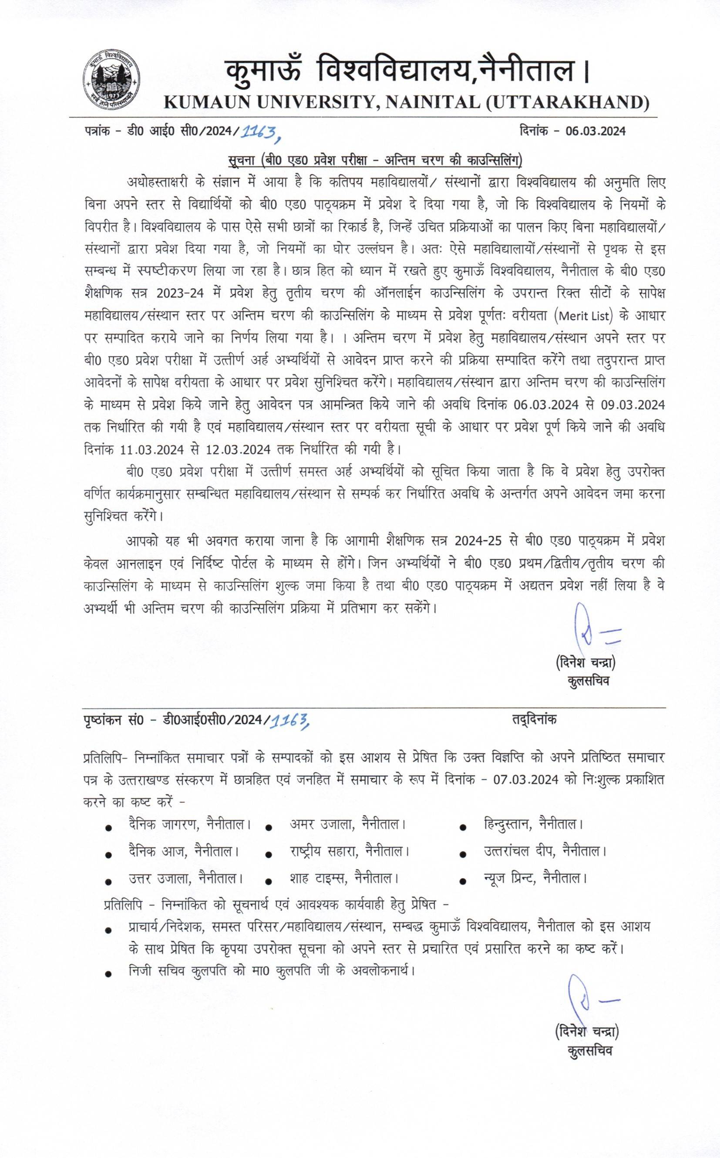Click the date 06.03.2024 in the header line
[595, 132]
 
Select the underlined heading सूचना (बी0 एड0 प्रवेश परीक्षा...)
[375, 161]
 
